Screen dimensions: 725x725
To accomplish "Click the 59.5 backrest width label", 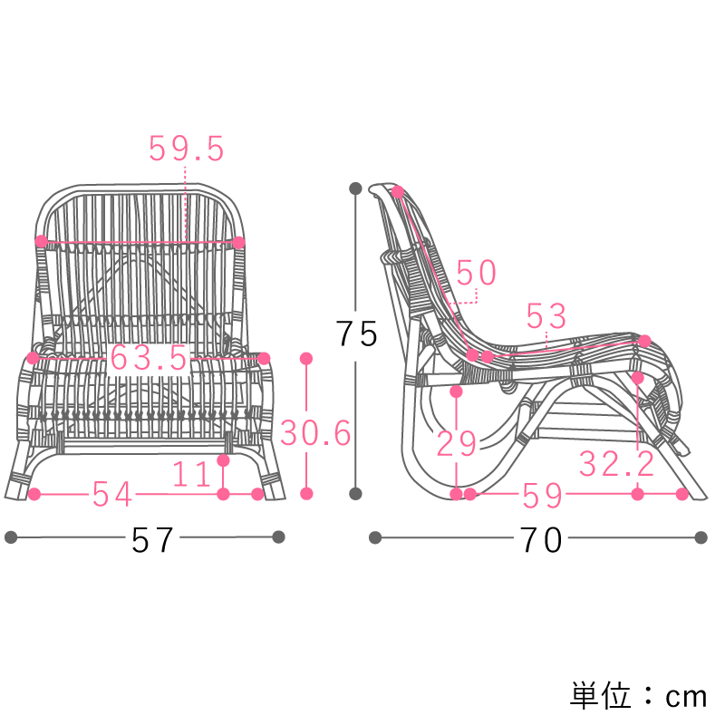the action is coord(187,149).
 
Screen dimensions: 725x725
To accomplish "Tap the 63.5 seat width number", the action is coord(149,358).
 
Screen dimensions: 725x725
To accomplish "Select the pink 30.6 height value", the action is coord(315,433).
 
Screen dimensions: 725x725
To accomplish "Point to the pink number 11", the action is coord(191,474).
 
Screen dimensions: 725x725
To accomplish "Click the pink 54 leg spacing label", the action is coord(112,494).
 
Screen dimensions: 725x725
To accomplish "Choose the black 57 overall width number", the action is coord(152,539).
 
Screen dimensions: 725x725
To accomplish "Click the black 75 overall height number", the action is coord(356,333).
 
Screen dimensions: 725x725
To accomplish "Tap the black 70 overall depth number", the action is coord(541,539).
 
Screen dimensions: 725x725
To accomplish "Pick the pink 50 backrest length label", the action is coord(477,273).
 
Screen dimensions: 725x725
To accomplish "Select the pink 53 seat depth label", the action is coord(546,316).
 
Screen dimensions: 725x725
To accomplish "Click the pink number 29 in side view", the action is coord(457,443).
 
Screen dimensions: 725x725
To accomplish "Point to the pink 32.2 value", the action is coord(616,464).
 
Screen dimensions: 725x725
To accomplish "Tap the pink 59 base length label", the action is coord(542,495).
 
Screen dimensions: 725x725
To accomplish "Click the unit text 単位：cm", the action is coord(638,695).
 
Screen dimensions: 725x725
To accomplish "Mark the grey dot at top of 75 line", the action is coord(355,188).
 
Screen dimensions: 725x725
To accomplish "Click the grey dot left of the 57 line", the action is coord(11,537).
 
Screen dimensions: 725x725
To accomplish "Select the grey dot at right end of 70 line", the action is coord(701,537).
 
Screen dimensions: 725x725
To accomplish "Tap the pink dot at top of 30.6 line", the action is coord(306,358).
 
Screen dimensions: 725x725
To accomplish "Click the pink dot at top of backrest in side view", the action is coord(398,191).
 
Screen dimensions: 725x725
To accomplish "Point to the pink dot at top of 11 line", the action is coord(223,460).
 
